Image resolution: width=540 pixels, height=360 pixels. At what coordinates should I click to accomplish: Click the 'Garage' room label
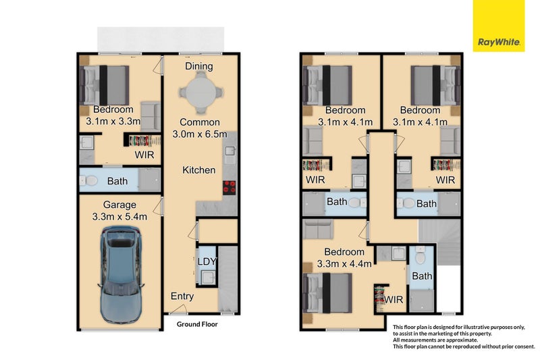pyautogui.click(x=119, y=205)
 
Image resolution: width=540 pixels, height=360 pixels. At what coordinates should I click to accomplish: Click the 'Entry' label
pyautogui.click(x=182, y=296)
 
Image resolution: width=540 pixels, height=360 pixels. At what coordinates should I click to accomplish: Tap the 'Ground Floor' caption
pyautogui.click(x=197, y=324)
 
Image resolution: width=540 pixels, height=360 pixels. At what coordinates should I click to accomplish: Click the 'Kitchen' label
pyautogui.click(x=199, y=170)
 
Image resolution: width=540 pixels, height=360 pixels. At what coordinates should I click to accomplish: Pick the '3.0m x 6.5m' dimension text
pyautogui.click(x=199, y=134)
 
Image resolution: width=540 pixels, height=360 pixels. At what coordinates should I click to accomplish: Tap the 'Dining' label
pyautogui.click(x=199, y=66)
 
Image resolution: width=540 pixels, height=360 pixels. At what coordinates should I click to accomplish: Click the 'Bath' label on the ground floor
pyautogui.click(x=117, y=181)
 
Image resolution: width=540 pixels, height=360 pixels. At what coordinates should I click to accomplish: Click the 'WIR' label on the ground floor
pyautogui.click(x=144, y=155)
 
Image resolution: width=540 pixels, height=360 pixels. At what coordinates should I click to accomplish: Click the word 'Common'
pyautogui.click(x=199, y=122)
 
